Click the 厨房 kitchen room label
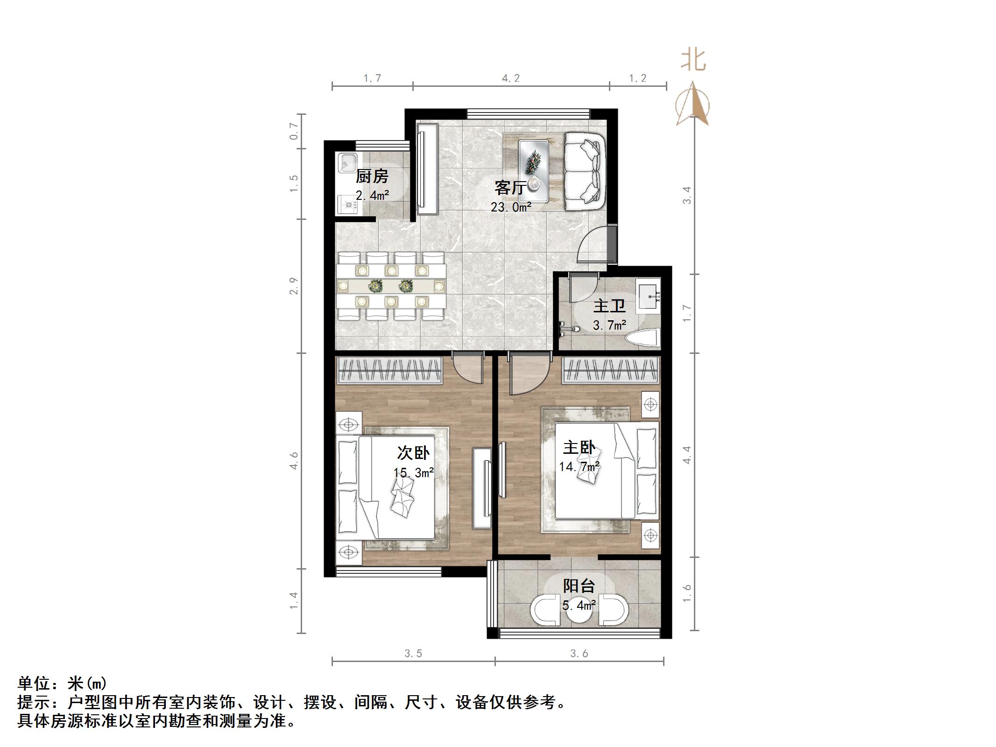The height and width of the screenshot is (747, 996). click(372, 176)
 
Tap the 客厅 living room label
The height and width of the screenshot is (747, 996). click(510, 188)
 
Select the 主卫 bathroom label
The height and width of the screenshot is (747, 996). click(609, 306)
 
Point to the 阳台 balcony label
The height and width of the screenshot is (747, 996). click(579, 585)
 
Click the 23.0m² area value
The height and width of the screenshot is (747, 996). click(511, 207)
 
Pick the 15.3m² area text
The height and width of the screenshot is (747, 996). click(413, 472)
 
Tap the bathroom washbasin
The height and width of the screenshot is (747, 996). click(649, 294)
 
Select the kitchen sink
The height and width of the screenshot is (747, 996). click(346, 162)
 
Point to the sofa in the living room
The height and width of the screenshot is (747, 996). click(585, 171)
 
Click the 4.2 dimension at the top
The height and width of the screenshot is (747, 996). click(511, 78)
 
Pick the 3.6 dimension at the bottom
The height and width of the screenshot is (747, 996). click(579, 654)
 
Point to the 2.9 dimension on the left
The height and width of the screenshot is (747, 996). click(294, 286)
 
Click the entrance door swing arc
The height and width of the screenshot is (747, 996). click(592, 245)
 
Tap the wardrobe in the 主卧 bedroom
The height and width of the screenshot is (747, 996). click(611, 371)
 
